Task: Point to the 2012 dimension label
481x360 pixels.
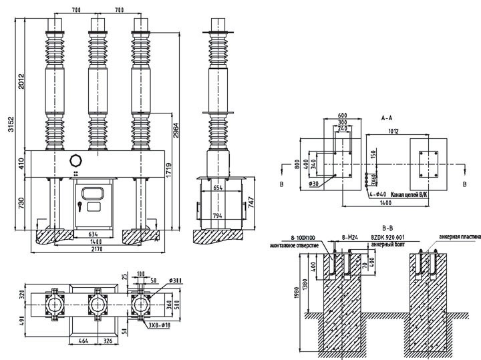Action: pos(21,81)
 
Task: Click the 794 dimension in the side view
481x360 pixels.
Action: pos(218,216)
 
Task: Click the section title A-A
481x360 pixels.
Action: pos(387,118)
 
